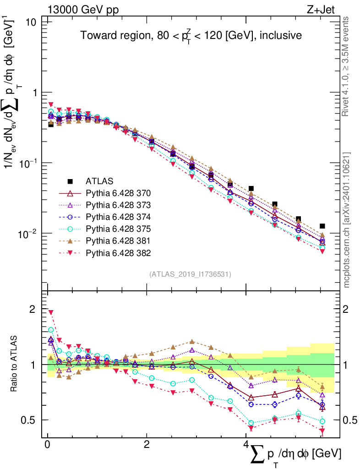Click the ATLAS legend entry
(100, 180)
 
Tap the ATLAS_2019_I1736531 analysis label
(190, 274)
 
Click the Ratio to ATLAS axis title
(15, 364)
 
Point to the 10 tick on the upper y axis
(30, 22)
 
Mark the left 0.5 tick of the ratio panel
(30, 420)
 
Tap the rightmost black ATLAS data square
(322, 226)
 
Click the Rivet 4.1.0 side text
(346, 66)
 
